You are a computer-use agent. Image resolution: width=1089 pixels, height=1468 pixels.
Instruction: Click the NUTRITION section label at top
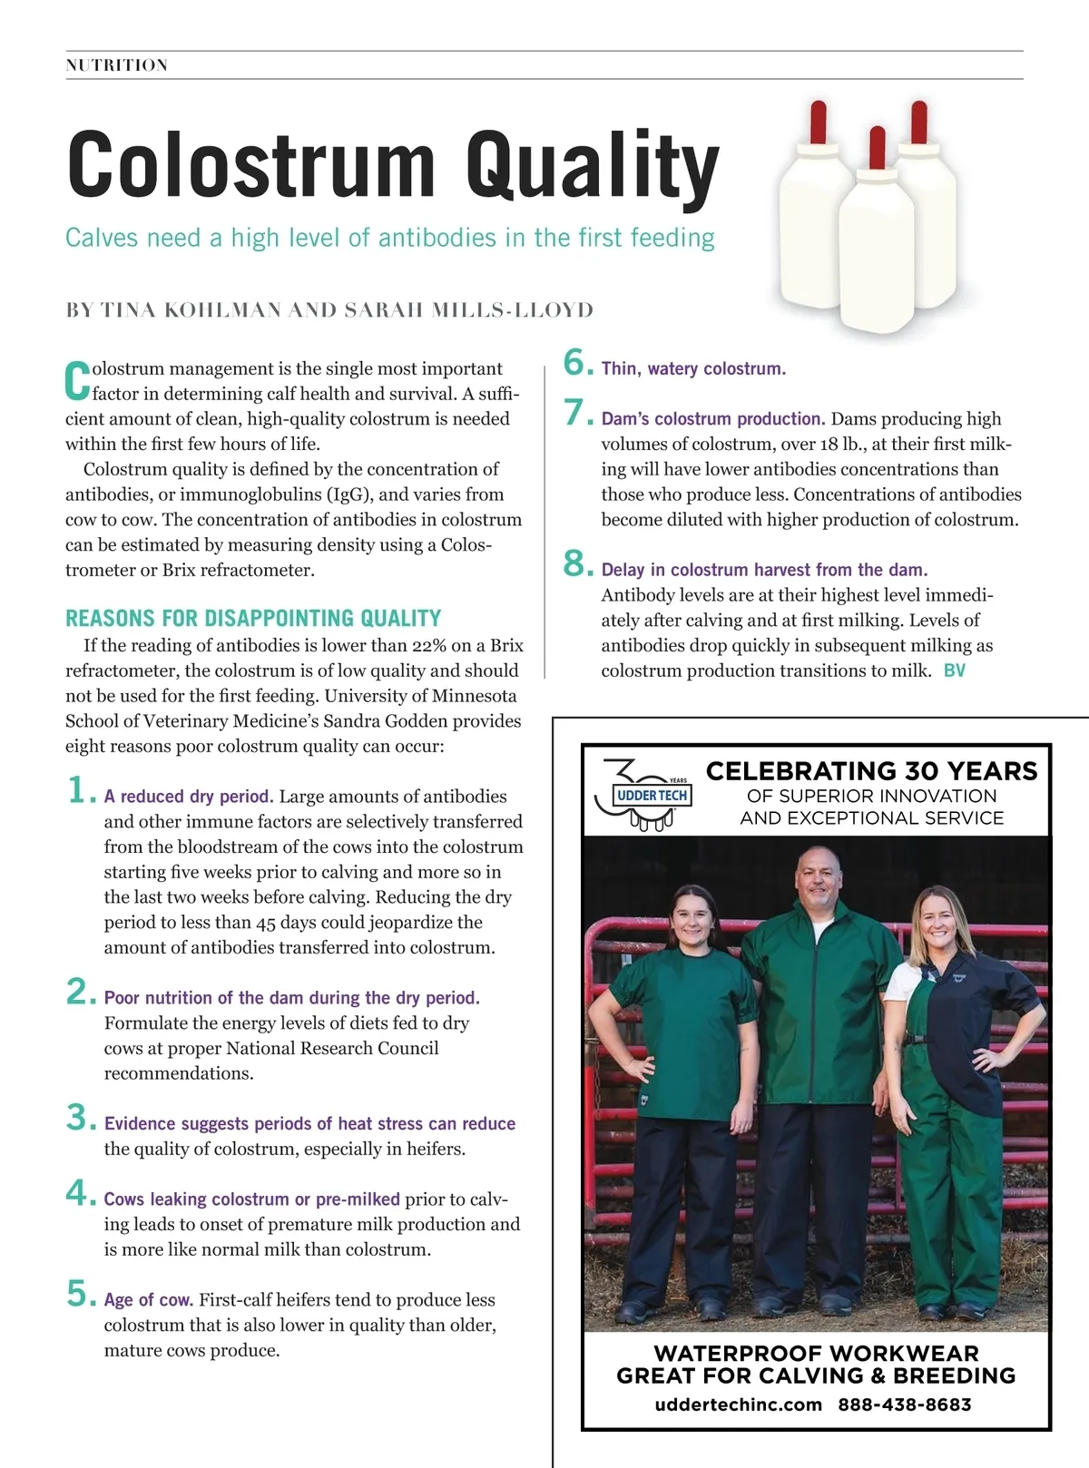point(117,65)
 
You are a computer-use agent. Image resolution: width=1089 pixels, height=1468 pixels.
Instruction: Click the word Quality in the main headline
point(592,165)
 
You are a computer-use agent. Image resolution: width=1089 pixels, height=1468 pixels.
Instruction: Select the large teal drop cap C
point(77,381)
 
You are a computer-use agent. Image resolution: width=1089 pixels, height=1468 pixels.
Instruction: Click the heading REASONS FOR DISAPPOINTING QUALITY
point(253,619)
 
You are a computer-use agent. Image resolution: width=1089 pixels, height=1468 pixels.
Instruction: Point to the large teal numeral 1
point(80,790)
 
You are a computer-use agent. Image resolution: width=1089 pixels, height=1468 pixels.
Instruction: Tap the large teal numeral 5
point(80,1294)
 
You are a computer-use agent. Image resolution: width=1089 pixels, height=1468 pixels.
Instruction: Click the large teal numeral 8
point(577,564)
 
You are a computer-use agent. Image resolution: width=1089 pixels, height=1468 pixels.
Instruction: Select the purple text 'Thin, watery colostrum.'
point(693,369)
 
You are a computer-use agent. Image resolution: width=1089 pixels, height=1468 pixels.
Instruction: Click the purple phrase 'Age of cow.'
point(148,1300)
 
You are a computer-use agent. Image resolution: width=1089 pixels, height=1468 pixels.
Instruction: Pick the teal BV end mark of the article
point(955,671)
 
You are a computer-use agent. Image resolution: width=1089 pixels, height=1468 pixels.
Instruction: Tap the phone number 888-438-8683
point(904,1404)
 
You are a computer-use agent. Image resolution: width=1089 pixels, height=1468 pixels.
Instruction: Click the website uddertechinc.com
point(738,1404)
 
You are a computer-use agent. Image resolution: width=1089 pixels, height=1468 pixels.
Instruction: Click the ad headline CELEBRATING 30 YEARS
point(871,771)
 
